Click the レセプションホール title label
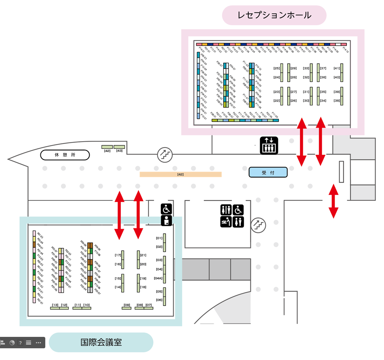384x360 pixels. [x=274, y=16]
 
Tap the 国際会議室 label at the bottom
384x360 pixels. [x=101, y=342]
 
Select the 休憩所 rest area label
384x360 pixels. [x=65, y=155]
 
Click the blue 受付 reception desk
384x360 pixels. [x=268, y=172]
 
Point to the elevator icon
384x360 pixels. [x=269, y=145]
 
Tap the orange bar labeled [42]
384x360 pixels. [x=180, y=174]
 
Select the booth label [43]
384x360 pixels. [x=119, y=151]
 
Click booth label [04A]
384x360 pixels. [x=158, y=278]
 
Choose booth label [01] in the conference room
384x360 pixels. [x=159, y=238]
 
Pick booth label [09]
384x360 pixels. [x=127, y=305]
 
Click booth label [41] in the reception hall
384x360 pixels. [x=336, y=68]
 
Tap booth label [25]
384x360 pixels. [x=276, y=68]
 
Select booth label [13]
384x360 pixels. [x=55, y=305]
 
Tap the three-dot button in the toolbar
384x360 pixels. [x=38, y=343]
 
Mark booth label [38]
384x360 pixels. [x=336, y=101]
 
